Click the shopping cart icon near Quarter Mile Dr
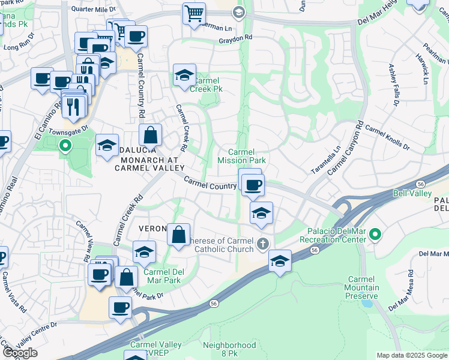(194, 13)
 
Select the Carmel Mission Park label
(241, 156)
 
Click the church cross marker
(262, 244)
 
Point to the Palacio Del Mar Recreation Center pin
(375, 234)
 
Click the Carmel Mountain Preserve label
(363, 288)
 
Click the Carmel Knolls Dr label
(387, 137)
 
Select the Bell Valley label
(412, 193)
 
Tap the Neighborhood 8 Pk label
(229, 349)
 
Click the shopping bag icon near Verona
(178, 235)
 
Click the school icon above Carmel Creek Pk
(184, 75)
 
